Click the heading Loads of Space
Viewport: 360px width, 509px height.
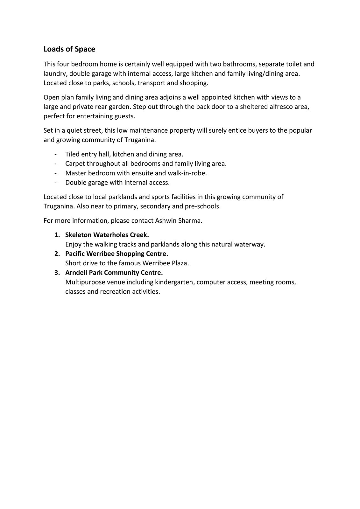[x=69, y=49]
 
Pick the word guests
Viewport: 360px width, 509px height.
[x=125, y=116]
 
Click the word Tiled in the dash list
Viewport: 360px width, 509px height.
[x=72, y=154]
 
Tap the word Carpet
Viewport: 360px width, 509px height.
[x=75, y=164]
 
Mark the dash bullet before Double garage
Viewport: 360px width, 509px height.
[x=56, y=183]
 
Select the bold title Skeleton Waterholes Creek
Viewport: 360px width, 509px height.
[x=107, y=235]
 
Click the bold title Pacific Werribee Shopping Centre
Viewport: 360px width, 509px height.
[x=116, y=254]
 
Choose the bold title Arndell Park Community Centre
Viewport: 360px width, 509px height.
[x=114, y=273]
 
